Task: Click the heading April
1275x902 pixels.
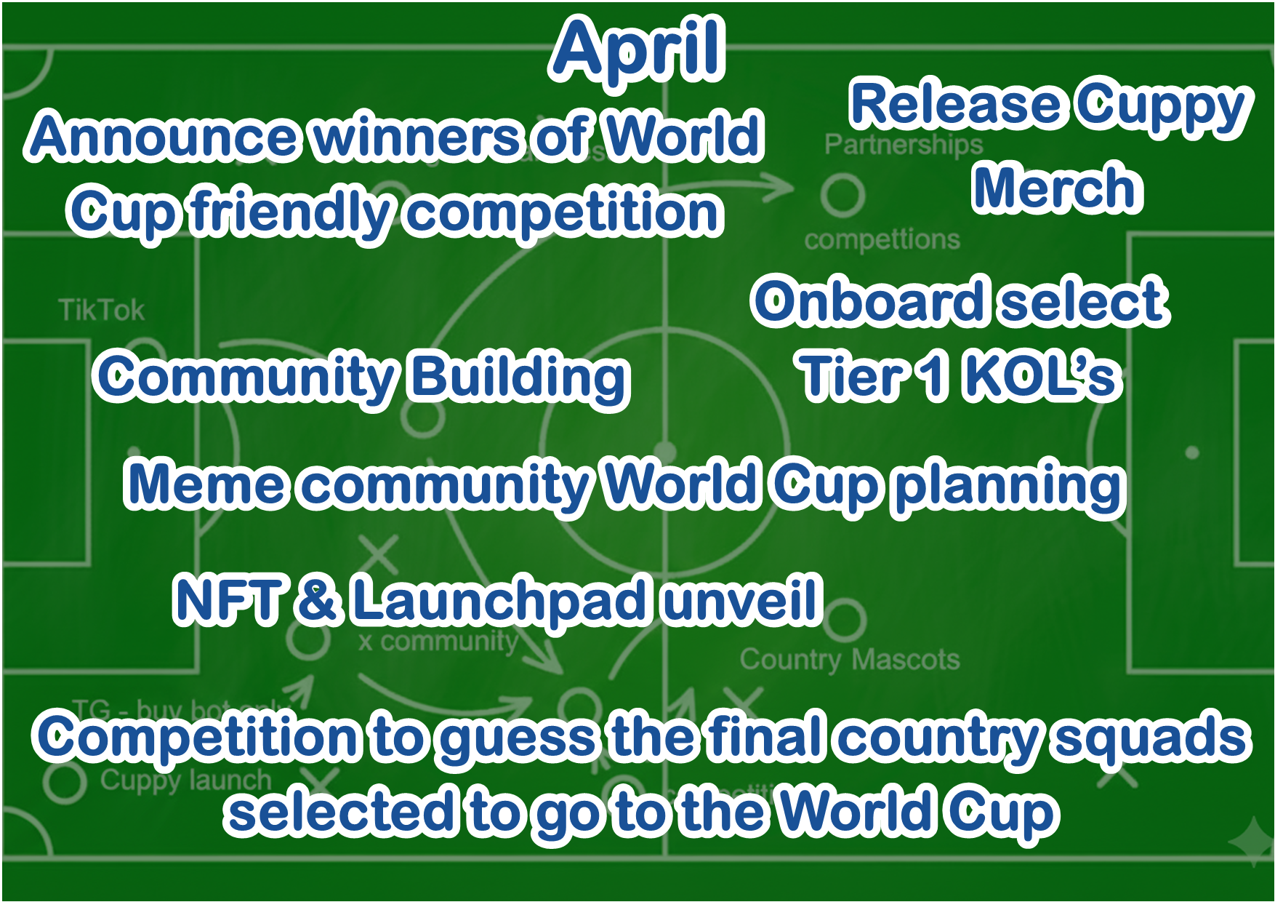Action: pyautogui.click(x=638, y=49)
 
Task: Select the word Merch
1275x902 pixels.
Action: pyautogui.click(x=1058, y=188)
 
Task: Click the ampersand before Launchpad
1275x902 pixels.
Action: pyautogui.click(x=317, y=600)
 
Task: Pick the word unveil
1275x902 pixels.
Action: pyautogui.click(x=743, y=600)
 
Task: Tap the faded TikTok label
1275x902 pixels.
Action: pyautogui.click(x=102, y=311)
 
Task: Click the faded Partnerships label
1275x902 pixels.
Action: pyautogui.click(x=903, y=145)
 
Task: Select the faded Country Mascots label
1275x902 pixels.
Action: pyautogui.click(x=850, y=660)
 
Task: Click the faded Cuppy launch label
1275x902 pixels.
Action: pyautogui.click(x=185, y=781)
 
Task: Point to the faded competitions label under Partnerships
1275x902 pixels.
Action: pyautogui.click(x=882, y=239)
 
